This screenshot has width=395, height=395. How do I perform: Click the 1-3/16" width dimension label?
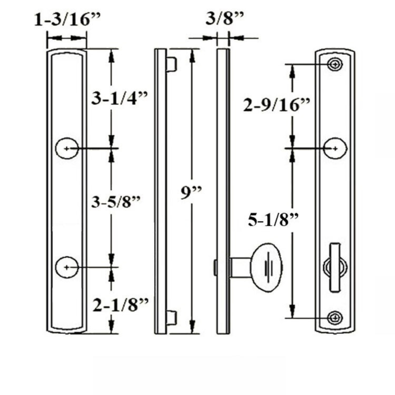pyautogui.click(x=67, y=20)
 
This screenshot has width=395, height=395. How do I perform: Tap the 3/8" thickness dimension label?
pyautogui.click(x=225, y=18)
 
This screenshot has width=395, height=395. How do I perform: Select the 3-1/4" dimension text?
pyautogui.click(x=119, y=98)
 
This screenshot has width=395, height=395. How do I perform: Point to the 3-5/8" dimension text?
pyautogui.click(x=115, y=201)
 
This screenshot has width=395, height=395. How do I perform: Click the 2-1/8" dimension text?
pyautogui.click(x=121, y=305)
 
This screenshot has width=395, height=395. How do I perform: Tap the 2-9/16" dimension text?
pyautogui.click(x=276, y=105)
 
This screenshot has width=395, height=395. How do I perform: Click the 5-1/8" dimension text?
pyautogui.click(x=273, y=219)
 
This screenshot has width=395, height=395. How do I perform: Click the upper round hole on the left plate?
pyautogui.click(x=67, y=148)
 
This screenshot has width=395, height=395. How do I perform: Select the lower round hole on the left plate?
pyautogui.click(x=67, y=267)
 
